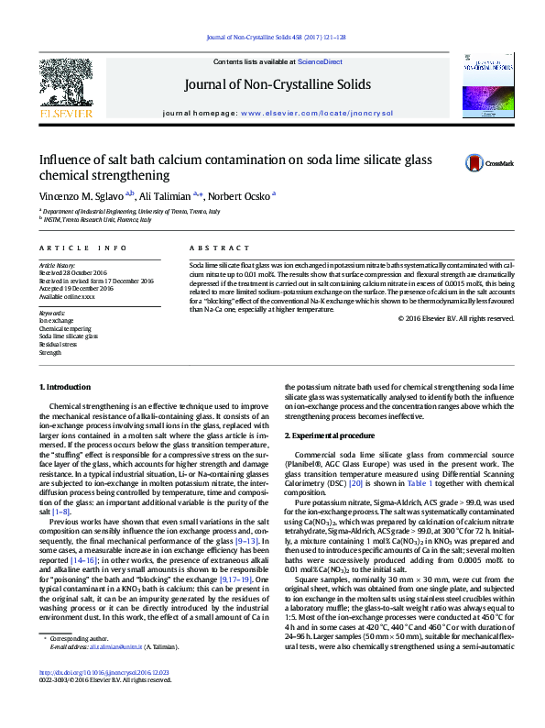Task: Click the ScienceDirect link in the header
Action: (x=321, y=62)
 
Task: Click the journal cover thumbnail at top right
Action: (x=485, y=87)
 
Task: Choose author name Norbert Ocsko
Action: (x=237, y=196)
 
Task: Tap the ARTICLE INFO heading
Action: (x=83, y=248)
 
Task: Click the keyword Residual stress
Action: (x=59, y=344)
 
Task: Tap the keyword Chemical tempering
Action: (x=67, y=327)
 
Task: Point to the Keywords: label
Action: (x=51, y=313)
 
